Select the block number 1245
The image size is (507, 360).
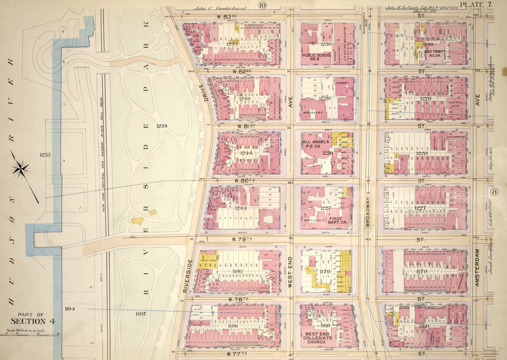coord(232,44)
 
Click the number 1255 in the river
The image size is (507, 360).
coord(46,155)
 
